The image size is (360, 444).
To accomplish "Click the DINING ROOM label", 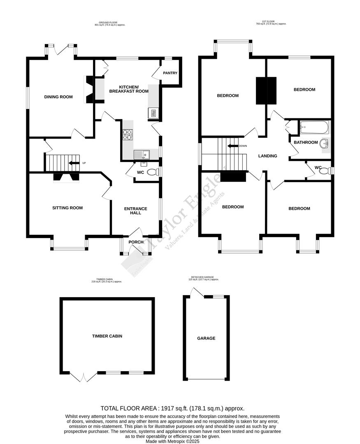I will click(x=58, y=97).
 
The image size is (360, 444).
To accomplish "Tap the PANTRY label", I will click(x=170, y=73).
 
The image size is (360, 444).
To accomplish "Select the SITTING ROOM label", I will click(x=67, y=208).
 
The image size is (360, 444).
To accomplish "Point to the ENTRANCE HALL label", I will click(x=136, y=211).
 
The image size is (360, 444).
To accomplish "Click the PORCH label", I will click(x=136, y=242).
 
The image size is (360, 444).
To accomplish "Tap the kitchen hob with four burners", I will click(x=128, y=135).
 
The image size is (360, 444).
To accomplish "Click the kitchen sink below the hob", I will click(x=142, y=154).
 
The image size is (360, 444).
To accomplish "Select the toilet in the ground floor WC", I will click(x=153, y=172).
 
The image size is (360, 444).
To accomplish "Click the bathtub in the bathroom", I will click(x=314, y=128).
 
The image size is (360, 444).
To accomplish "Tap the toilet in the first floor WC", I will click(x=325, y=171).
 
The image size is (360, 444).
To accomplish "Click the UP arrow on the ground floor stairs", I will click(x=74, y=163).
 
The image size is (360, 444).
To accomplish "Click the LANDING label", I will click(x=267, y=156).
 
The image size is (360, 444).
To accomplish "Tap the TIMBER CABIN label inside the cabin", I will click(x=107, y=336).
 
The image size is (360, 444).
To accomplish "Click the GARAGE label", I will click(x=206, y=338).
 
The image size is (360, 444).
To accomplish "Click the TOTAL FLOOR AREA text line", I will click(x=173, y=408).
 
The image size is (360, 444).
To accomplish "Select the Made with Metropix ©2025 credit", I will click(x=173, y=441).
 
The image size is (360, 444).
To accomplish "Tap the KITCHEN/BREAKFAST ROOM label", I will click(x=128, y=89).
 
